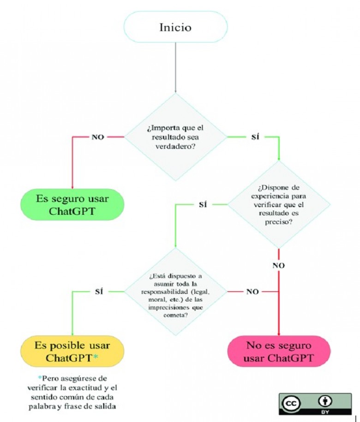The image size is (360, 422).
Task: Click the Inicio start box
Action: (x=175, y=27)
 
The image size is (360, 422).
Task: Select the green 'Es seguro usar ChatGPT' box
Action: (x=72, y=204)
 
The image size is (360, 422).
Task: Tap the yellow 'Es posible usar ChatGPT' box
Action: (x=72, y=351)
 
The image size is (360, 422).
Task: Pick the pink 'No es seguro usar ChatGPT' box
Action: (x=279, y=351)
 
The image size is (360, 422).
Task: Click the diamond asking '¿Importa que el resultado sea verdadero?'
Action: (x=175, y=137)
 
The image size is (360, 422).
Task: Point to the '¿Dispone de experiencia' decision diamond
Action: (x=279, y=204)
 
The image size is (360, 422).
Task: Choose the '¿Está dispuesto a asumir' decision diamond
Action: (x=175, y=292)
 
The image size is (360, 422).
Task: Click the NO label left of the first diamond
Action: (x=98, y=137)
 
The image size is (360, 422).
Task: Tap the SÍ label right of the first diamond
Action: (x=255, y=137)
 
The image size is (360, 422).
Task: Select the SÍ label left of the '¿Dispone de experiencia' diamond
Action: (x=203, y=204)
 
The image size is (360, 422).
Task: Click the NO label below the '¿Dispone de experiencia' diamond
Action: (x=279, y=266)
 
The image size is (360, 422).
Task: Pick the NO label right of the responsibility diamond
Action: (x=252, y=292)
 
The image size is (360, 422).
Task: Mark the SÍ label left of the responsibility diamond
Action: (x=99, y=292)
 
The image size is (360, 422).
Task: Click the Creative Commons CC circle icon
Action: (x=291, y=404)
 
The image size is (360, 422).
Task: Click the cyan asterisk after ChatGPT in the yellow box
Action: (x=96, y=357)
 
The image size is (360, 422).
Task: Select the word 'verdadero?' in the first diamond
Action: (x=175, y=147)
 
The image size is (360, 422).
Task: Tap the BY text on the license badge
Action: (x=325, y=412)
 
